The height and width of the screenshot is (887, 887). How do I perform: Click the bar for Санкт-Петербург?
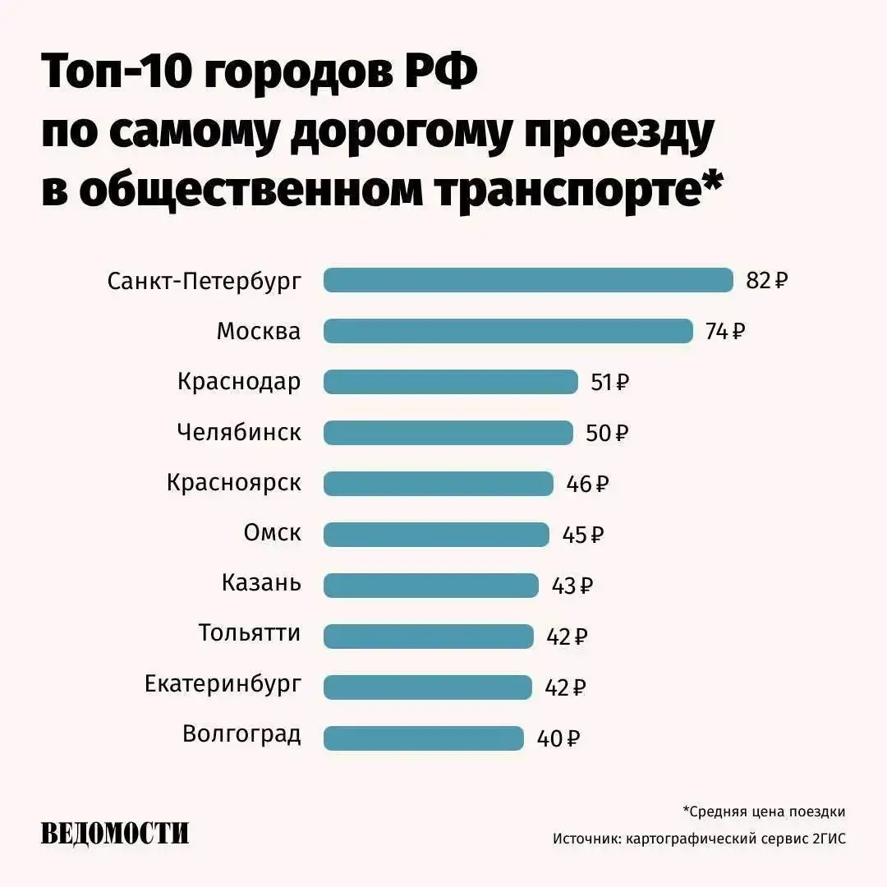point(528,280)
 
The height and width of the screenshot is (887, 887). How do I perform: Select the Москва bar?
point(508,331)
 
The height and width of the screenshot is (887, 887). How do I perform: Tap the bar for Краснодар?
point(451,382)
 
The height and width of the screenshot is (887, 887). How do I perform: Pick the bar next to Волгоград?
point(423,738)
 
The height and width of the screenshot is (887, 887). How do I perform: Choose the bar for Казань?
point(431,586)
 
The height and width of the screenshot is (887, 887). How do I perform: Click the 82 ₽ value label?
point(767,280)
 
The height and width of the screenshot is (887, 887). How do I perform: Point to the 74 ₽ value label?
point(725,331)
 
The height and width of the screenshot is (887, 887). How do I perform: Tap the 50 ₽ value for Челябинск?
point(607,433)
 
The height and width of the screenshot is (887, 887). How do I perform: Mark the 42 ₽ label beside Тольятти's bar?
point(567,637)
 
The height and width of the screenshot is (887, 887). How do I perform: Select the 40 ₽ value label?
point(558,738)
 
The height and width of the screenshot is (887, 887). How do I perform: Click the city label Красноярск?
point(234,483)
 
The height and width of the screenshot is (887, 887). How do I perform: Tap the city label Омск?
point(273,533)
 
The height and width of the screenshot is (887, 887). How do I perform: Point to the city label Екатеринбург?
point(223,684)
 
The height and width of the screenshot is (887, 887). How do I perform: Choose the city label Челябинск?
point(239,432)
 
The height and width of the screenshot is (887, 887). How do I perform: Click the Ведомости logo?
point(115,834)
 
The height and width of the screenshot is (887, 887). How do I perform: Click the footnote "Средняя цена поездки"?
point(764,812)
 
